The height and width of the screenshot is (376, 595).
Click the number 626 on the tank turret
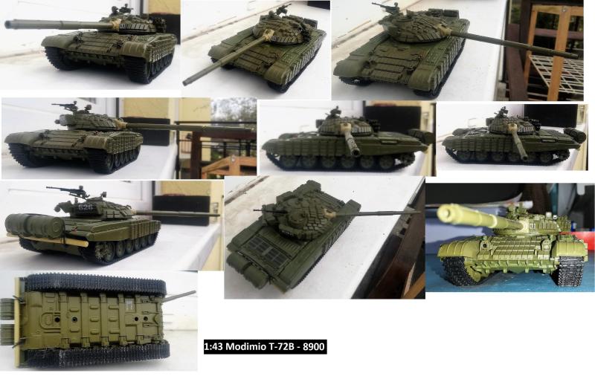[86, 208]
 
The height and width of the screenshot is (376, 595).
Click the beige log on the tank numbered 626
[49, 239]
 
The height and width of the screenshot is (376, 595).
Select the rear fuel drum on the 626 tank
[34, 225]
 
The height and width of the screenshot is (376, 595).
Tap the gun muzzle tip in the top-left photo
[7, 24]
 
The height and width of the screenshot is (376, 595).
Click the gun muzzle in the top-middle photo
[187, 82]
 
